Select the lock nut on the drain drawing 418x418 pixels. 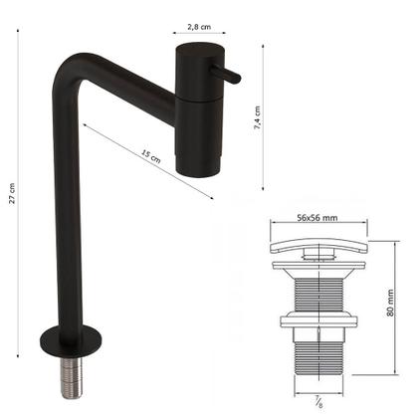(317, 324)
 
